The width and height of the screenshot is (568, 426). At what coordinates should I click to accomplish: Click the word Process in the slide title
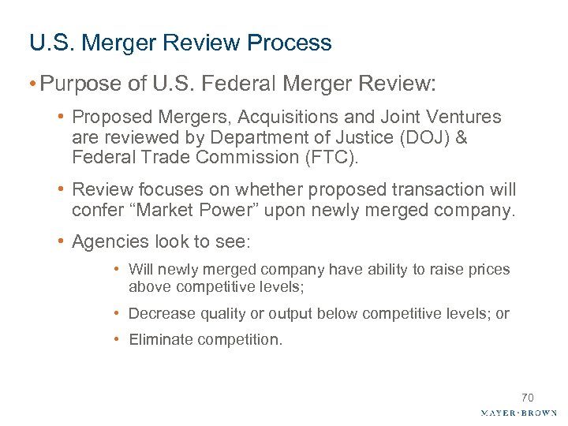pyautogui.click(x=293, y=43)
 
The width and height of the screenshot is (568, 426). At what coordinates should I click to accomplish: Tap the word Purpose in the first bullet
pyautogui.click(x=72, y=84)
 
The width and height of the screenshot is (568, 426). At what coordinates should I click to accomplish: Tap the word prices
pyautogui.click(x=490, y=270)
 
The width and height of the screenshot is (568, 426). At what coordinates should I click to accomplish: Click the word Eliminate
pyautogui.click(x=157, y=340)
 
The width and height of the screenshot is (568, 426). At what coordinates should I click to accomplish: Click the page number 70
pyautogui.click(x=527, y=398)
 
